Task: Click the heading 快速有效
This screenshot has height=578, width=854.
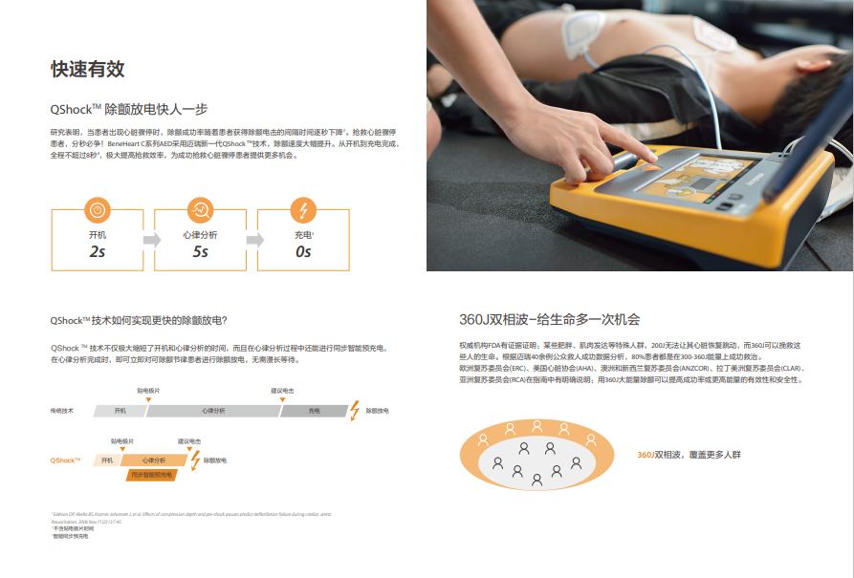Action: click(87, 69)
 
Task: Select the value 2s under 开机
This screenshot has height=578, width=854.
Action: click(97, 251)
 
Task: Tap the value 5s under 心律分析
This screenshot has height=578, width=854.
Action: click(200, 251)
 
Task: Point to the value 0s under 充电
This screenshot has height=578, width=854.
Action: click(303, 251)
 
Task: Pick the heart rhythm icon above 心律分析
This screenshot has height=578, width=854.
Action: click(200, 209)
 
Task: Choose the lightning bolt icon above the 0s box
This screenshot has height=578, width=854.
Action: click(303, 209)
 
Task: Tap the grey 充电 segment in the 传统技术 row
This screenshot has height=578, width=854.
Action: click(314, 410)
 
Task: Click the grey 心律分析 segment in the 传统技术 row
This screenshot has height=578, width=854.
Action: click(212, 410)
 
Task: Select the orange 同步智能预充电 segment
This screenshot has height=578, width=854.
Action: click(152, 474)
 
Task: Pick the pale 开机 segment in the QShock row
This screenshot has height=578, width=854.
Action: click(106, 460)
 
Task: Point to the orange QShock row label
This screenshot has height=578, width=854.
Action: click(65, 460)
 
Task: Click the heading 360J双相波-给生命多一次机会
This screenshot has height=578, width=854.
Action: click(549, 319)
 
